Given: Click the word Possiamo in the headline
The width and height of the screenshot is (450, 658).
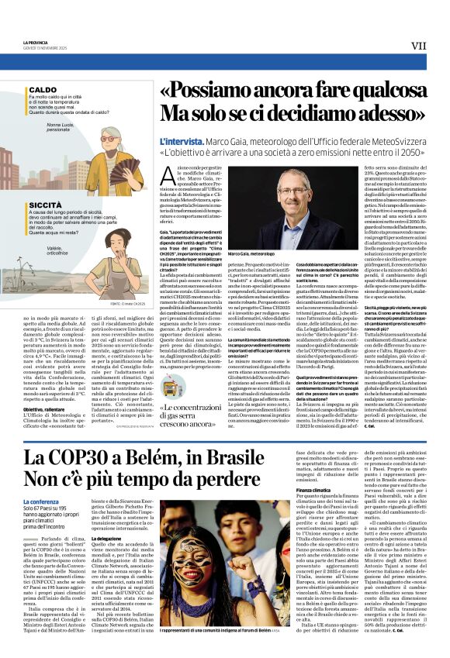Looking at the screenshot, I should pyautogui.click(x=201, y=91).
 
